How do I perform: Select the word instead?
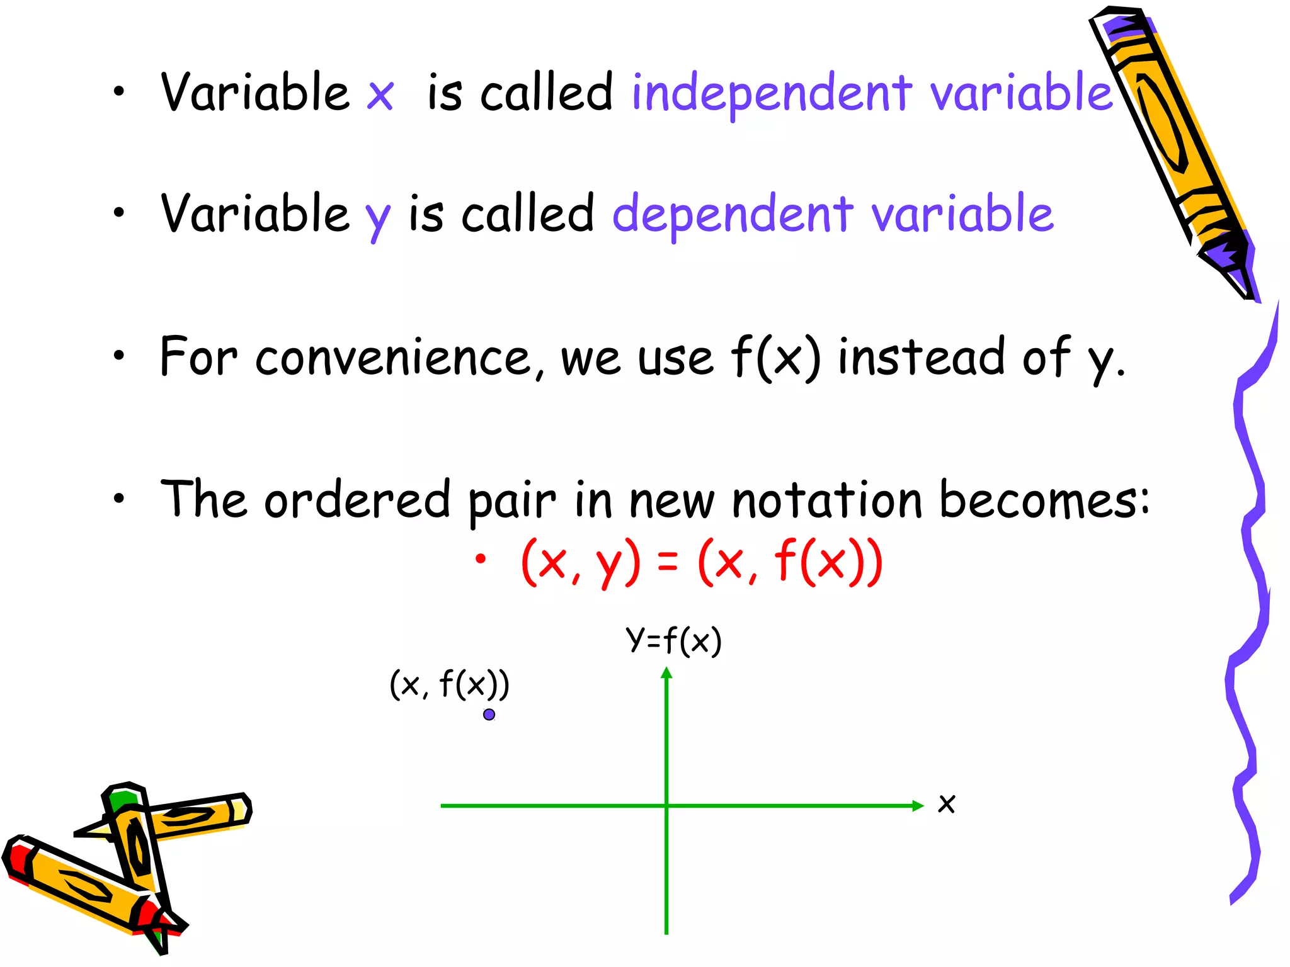(921, 358)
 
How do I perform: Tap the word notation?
(827, 500)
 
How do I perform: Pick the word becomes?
(1044, 500)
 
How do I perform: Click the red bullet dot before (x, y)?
(481, 558)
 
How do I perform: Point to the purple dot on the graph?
(489, 715)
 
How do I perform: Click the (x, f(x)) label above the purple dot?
(449, 684)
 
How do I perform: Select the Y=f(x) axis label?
(673, 642)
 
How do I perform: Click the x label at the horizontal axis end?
(946, 804)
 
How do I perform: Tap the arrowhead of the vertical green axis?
(666, 673)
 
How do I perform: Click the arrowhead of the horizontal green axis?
(918, 805)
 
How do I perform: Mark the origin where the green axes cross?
(666, 805)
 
